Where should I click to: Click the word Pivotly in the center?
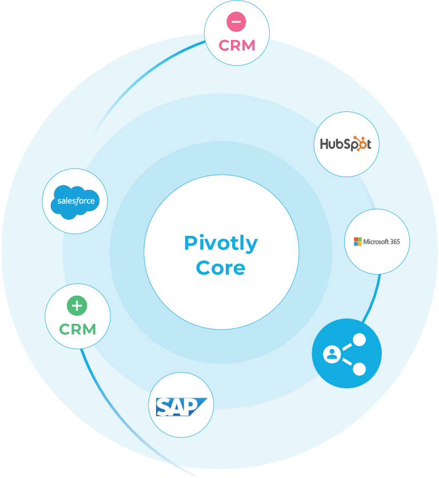(x=221, y=244)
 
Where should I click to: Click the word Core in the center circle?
(x=221, y=267)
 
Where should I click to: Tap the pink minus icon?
(x=236, y=22)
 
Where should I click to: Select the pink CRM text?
(x=237, y=45)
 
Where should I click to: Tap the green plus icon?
(x=77, y=306)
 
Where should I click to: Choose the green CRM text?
(x=77, y=329)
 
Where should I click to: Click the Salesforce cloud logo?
(x=76, y=202)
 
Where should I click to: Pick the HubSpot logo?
(x=345, y=144)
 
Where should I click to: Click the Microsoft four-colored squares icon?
(x=358, y=241)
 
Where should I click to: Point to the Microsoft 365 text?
(x=381, y=242)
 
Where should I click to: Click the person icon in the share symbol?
(x=332, y=354)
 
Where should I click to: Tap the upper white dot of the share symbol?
(x=360, y=340)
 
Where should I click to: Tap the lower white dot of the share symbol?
(x=360, y=369)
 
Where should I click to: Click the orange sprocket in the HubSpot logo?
(x=360, y=143)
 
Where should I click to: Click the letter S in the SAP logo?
(x=165, y=407)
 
